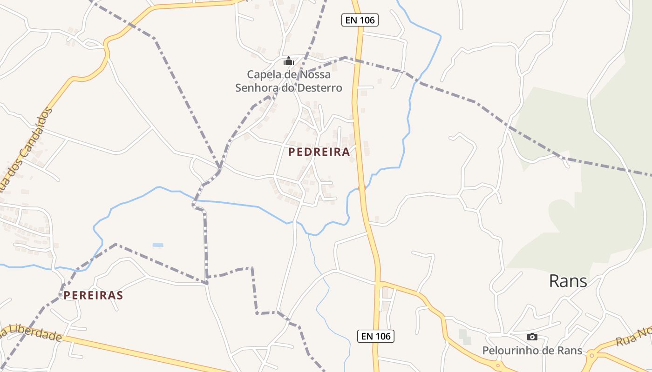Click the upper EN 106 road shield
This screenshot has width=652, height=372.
click(360, 20)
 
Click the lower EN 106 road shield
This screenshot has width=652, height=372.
click(376, 336)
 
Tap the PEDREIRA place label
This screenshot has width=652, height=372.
click(319, 152)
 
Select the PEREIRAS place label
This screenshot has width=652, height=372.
click(93, 295)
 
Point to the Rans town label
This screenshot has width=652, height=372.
click(568, 281)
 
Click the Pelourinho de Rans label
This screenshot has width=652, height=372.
click(532, 350)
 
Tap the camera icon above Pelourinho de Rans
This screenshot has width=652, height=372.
click(532, 337)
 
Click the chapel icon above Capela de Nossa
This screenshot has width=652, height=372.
click(289, 61)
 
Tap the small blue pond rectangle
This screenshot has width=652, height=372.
click(158, 245)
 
